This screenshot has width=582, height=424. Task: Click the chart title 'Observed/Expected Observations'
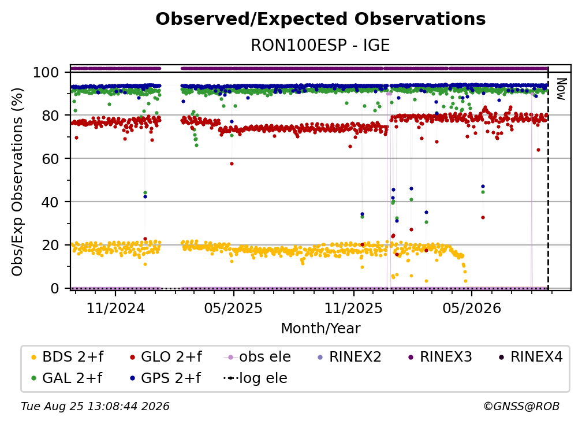click(x=320, y=19)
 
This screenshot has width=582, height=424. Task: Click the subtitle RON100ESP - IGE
click(x=320, y=45)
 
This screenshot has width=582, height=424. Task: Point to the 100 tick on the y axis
click(x=46, y=72)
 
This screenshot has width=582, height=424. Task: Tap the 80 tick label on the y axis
click(x=50, y=116)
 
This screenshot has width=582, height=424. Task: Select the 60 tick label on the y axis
click(x=50, y=158)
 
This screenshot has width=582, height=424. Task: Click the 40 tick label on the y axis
click(x=50, y=202)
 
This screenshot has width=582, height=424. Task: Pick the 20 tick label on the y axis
click(x=50, y=245)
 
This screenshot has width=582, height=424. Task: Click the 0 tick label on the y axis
click(x=55, y=288)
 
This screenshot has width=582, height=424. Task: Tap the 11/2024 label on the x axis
click(x=115, y=308)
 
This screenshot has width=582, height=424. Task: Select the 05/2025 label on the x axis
click(x=233, y=308)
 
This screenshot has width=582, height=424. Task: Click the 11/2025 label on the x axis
click(x=353, y=308)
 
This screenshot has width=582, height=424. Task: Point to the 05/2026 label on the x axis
click(x=471, y=308)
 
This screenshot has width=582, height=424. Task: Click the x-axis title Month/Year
click(x=320, y=328)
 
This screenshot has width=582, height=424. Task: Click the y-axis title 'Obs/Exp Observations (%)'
click(x=17, y=182)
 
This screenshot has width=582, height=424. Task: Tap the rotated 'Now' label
click(x=561, y=89)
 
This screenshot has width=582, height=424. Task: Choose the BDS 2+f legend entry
click(x=68, y=357)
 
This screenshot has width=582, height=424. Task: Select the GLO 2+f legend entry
click(x=166, y=357)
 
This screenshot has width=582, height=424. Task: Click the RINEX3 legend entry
click(x=440, y=357)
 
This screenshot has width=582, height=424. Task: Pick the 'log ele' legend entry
click(x=255, y=378)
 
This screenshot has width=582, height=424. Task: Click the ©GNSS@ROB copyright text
click(x=521, y=407)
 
